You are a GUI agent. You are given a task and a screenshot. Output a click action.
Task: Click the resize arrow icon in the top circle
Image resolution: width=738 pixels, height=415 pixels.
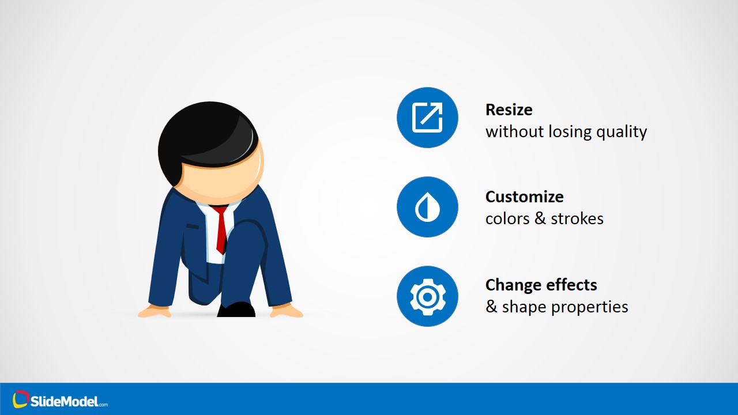tap(427, 118)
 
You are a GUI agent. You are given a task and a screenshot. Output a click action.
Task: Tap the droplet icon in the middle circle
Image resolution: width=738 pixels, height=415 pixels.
tap(427, 207)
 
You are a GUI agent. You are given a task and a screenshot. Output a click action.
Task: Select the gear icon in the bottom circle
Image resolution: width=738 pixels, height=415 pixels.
tap(427, 296)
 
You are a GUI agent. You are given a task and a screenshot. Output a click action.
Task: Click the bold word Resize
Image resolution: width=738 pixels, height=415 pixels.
tap(509, 110)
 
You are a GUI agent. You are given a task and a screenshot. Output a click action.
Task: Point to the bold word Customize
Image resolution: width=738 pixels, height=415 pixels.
tap(524, 197)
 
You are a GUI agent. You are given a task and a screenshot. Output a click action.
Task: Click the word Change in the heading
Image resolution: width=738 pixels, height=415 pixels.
tap(511, 285)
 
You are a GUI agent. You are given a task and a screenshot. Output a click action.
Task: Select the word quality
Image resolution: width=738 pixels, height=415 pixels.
tap(621, 132)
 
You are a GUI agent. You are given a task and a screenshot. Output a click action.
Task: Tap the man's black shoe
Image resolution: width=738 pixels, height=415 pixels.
tap(236, 310)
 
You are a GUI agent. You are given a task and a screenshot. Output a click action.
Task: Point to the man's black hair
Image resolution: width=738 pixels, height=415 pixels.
tap(202, 133)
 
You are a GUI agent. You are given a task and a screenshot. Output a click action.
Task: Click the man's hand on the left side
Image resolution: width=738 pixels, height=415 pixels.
tap(154, 312)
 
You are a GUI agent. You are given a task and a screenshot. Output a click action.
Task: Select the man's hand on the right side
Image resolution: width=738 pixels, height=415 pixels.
tap(287, 311)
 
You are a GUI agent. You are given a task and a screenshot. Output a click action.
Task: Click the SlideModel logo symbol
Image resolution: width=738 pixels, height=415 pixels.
tap(21, 399)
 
